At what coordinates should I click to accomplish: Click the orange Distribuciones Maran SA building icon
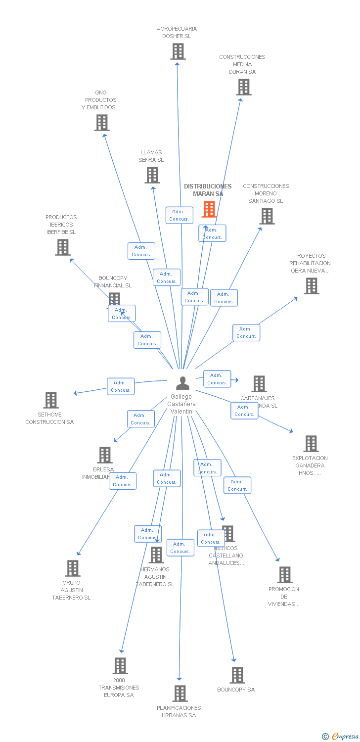point(209,209)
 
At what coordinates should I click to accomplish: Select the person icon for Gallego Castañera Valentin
point(182,383)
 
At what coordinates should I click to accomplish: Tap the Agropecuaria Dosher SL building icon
point(178,51)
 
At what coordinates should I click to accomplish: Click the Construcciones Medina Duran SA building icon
point(243,87)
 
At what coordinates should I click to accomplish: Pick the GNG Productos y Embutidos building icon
point(102,123)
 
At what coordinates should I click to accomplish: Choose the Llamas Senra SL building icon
point(152,175)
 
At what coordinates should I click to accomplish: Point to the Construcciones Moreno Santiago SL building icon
point(267,216)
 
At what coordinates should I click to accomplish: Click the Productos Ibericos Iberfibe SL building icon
point(63,247)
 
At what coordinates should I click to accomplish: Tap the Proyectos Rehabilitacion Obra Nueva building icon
point(312,286)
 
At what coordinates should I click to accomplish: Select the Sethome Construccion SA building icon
point(51,400)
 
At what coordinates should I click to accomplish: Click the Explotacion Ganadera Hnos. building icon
point(311,444)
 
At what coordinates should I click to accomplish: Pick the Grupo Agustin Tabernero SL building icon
point(73,568)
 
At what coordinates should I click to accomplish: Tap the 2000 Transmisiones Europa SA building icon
point(120,666)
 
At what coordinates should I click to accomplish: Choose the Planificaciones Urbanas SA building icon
point(180,694)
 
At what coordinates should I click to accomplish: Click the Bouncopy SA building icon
point(237,675)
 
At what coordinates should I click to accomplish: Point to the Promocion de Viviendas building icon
point(285,575)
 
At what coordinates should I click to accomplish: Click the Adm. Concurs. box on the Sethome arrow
point(121,386)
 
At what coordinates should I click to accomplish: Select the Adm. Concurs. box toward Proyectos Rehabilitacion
point(246,332)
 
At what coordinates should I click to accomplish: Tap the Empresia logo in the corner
point(340,737)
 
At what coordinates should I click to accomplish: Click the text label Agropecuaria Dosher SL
point(177,32)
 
